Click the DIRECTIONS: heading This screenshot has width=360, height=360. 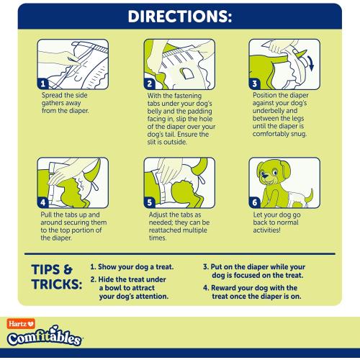tap(180, 16)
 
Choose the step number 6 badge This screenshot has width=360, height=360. tap(253, 203)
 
